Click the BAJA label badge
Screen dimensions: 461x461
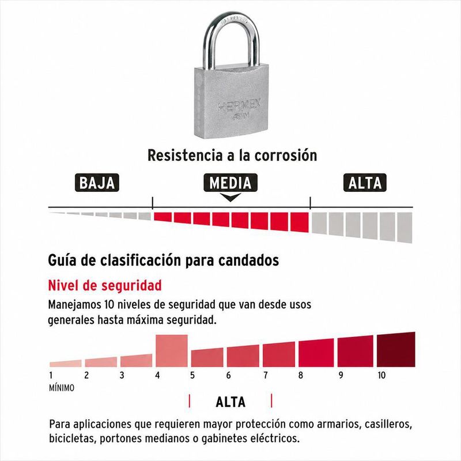click(97, 183)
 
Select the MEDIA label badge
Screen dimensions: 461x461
click(231, 183)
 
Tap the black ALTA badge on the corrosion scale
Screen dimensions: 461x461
click(365, 183)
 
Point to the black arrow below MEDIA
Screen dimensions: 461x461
click(231, 197)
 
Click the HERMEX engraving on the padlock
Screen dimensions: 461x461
click(239, 105)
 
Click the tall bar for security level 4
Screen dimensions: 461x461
click(172, 351)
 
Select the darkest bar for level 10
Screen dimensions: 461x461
click(396, 350)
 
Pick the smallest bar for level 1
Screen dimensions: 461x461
click(66, 364)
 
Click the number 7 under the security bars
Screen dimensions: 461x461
click(266, 375)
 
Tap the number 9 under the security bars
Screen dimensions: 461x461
click(341, 375)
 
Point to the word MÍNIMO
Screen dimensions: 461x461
click(62, 388)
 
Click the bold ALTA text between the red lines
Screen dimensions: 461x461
click(231, 402)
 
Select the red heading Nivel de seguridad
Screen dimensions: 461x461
click(105, 285)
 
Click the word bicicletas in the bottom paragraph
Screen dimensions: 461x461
click(72, 439)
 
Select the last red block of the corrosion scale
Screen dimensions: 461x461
click(300, 222)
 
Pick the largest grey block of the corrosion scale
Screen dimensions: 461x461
click(405, 228)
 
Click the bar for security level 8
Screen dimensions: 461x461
click(316, 353)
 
